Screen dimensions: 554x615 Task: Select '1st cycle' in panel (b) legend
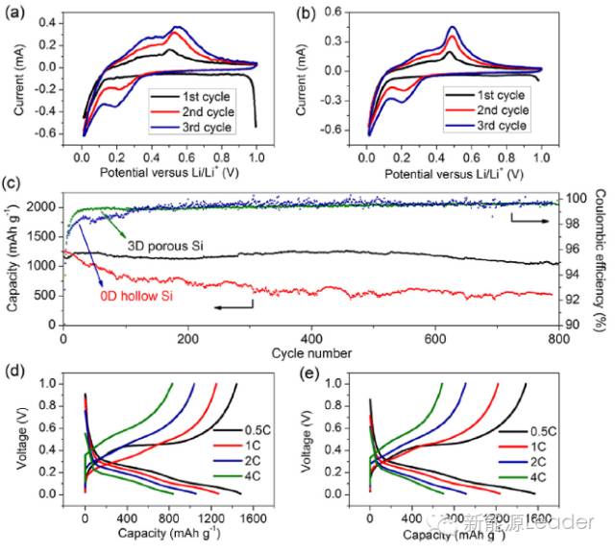point(500,94)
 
